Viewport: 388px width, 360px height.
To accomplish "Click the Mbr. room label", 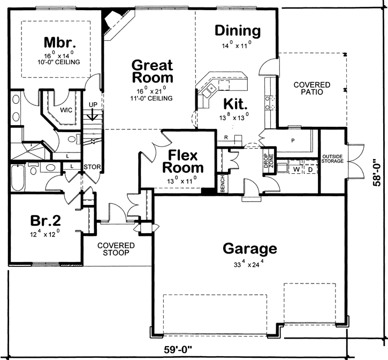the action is coord(59,42).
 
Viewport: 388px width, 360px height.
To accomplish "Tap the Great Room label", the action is coord(153,71).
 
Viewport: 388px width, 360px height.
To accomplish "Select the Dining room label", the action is coord(238,30).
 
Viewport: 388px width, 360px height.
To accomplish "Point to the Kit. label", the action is coord(235,104).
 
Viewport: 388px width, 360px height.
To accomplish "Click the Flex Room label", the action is coord(183,162).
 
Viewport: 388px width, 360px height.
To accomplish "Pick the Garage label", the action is coord(250,249).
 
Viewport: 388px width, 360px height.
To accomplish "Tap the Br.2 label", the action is coord(45,220).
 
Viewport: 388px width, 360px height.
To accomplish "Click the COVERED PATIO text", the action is coord(312,88).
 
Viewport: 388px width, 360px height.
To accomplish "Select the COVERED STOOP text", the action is coord(116,249).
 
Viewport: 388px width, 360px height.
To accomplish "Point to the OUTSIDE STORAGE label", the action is coord(332,159).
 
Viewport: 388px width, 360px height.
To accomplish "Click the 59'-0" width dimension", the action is coord(178,350).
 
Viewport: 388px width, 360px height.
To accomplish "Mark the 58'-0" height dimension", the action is coord(378,172).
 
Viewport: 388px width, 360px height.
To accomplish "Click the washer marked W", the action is coord(296,170).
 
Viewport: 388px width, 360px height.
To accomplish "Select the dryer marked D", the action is coord(310,170).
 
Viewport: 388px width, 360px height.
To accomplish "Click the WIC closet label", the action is coord(66,110).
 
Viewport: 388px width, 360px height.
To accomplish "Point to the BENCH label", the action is coord(223,183).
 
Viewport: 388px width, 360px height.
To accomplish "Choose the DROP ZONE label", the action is coord(269,160).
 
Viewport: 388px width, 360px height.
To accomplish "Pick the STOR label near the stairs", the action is coord(92,167).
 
